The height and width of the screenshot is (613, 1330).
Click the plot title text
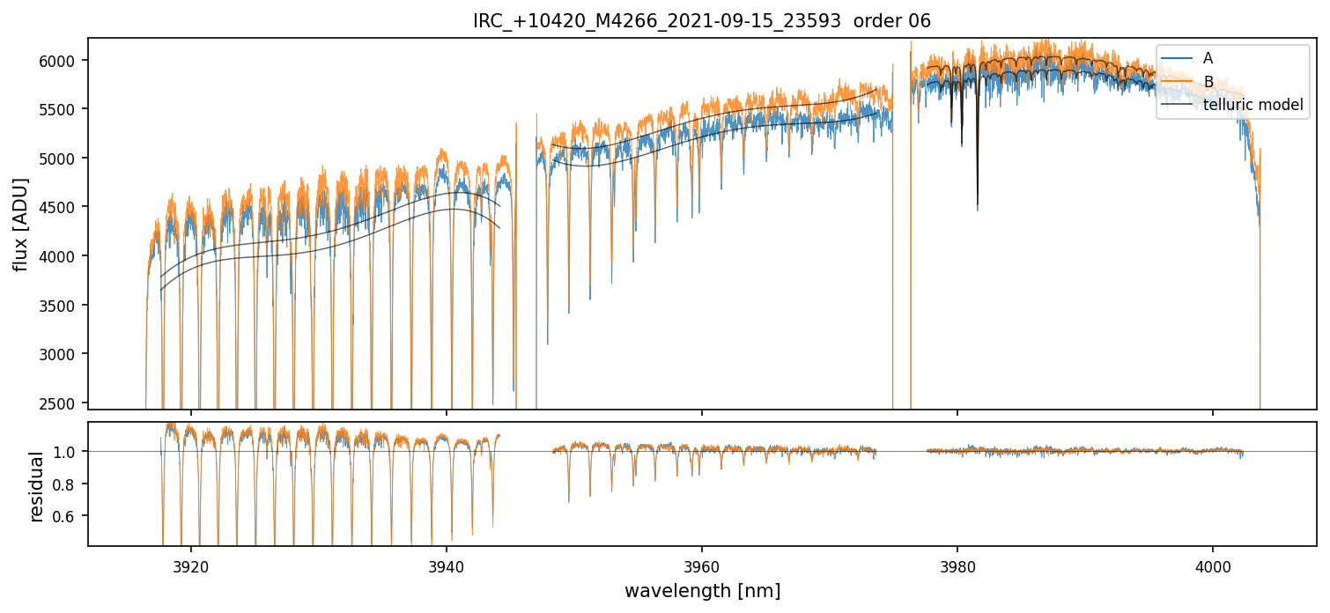coord(702,21)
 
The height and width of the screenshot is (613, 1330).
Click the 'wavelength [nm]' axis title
coord(702,591)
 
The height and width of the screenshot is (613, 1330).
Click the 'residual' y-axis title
coord(37,486)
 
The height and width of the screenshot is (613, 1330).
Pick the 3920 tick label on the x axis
coord(191,565)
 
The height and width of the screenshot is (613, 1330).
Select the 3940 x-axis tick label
coord(447,565)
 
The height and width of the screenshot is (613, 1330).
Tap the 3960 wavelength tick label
coord(702,565)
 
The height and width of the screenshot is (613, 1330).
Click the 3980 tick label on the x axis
coord(957,565)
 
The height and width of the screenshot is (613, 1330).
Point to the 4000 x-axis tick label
coord(1213,565)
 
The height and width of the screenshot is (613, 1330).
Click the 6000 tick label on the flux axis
coord(63,60)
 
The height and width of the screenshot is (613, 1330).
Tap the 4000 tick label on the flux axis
coord(63,256)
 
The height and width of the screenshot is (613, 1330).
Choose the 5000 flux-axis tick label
coord(63,159)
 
